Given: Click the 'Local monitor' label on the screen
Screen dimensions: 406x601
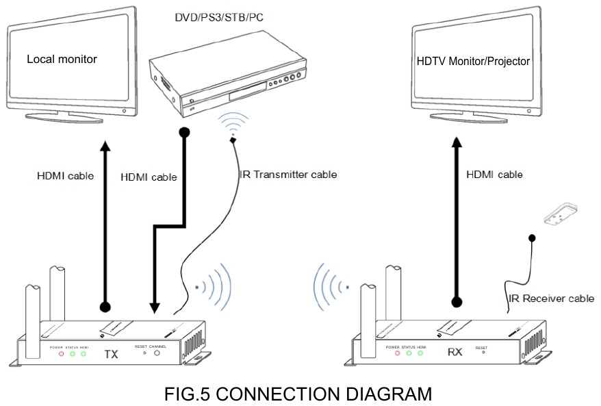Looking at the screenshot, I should click(62, 59).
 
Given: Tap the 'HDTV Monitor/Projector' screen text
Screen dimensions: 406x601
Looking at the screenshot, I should click(473, 61).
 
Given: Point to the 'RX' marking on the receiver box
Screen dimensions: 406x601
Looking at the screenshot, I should click(454, 355).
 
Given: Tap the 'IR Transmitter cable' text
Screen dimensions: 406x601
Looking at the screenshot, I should click(287, 175).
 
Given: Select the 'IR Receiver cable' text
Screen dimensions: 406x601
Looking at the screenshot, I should click(551, 299).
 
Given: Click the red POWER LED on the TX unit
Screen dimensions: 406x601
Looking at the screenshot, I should click(62, 354).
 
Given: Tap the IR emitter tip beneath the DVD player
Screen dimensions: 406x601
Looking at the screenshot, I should click(233, 140).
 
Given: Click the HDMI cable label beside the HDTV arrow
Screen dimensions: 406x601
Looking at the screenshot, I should click(494, 175).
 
